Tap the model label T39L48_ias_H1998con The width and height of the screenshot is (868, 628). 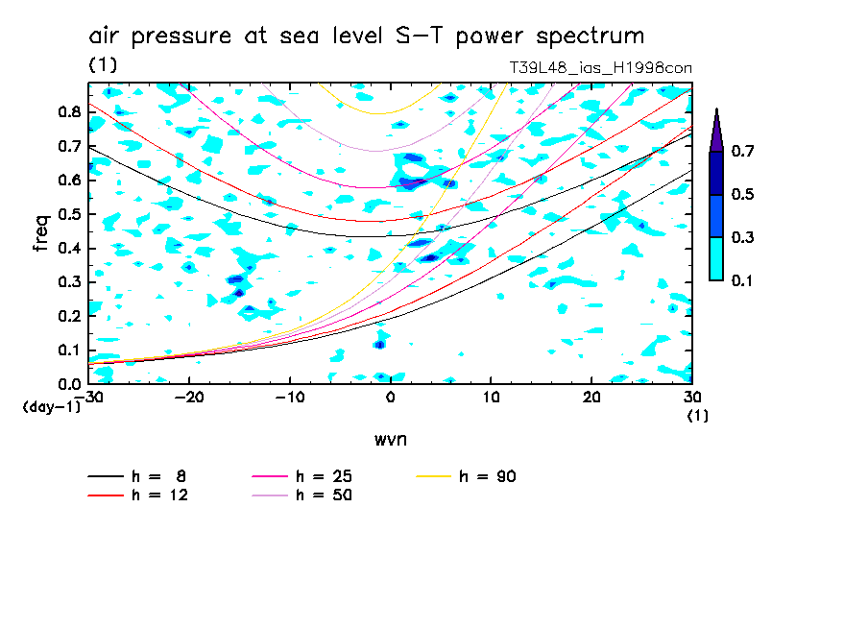(x=601, y=67)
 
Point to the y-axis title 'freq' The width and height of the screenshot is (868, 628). (x=41, y=233)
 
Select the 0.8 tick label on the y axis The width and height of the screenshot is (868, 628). (x=68, y=112)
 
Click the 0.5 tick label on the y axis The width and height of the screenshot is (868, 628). (x=68, y=214)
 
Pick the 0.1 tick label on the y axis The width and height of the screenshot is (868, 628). (x=68, y=350)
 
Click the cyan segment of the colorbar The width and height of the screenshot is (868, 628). (x=716, y=258)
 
